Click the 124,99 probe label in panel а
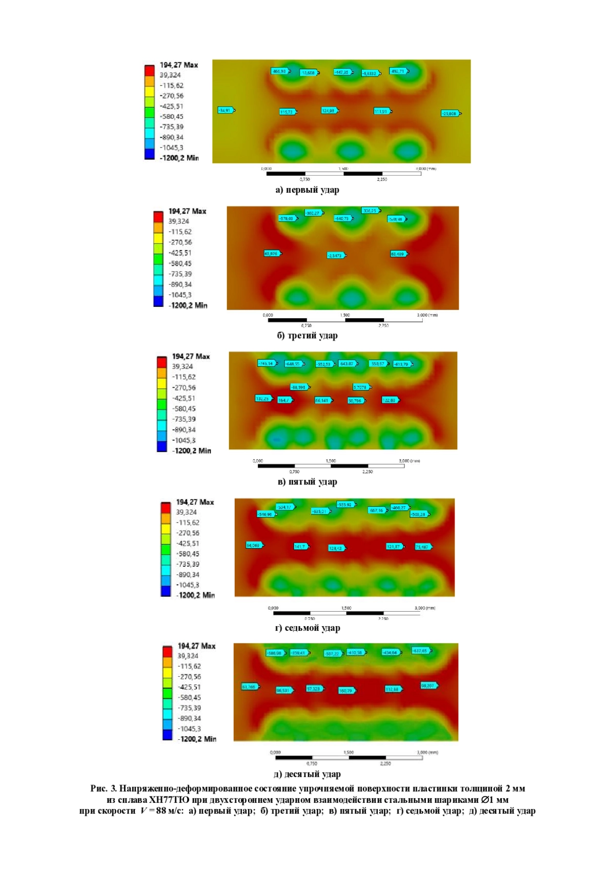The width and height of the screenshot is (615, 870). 329,111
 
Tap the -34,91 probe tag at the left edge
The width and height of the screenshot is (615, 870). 225,110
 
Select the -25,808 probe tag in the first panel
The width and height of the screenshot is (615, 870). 450,113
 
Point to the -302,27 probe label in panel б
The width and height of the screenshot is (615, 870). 313,213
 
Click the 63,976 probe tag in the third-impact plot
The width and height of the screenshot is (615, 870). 272,254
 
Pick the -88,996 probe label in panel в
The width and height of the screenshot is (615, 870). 299,387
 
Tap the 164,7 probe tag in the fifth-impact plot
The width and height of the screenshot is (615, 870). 284,400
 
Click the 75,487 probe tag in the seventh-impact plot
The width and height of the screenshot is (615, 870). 423,547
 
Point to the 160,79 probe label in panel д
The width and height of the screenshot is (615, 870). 346,691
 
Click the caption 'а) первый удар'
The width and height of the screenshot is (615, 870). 307,190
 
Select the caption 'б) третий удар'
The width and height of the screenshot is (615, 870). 307,336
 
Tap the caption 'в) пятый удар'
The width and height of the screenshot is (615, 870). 307,482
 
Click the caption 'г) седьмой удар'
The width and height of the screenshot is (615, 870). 307,628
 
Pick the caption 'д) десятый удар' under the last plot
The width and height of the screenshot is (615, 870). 307,774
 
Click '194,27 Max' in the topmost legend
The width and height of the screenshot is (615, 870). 178,65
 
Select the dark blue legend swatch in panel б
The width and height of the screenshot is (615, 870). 158,302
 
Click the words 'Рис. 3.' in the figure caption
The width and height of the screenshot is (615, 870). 104,789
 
